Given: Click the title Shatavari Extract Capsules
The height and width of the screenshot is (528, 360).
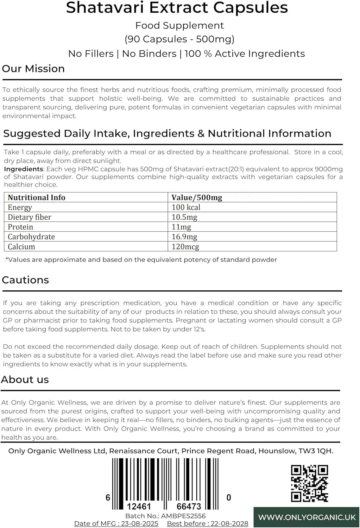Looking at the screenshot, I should pos(177,8).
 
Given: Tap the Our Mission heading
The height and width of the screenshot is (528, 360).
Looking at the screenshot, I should pos(33,69).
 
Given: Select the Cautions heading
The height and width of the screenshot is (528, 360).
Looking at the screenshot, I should pos(25,280).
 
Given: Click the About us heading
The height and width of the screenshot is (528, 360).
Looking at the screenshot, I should pos(25,379).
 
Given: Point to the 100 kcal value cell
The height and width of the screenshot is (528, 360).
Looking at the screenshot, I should pos(186,207).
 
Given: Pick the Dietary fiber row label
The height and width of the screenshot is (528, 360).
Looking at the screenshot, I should pos(30,217).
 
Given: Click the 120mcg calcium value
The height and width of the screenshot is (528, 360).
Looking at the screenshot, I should pos(185,247).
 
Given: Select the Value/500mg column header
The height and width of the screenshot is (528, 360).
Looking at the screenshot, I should pos(197,197).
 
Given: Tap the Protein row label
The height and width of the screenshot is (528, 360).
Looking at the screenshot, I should pos(20,227).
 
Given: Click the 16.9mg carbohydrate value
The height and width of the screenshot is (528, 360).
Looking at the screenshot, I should pos(184,237).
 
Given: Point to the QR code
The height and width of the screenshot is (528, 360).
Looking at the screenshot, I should pos(310,483).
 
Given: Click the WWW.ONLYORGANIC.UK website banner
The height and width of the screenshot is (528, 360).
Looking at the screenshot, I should pos(307,517).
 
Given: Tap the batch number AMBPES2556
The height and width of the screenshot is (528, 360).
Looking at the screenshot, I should pos(183,516).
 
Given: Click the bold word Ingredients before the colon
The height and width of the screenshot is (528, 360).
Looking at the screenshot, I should pos(18,169).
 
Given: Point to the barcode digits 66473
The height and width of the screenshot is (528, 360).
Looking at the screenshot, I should pos(189,507).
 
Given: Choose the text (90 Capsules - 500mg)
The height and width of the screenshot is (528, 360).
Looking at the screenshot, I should pos(179,39).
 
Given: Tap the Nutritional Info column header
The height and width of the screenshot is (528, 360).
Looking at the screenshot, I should pos(37,197).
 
